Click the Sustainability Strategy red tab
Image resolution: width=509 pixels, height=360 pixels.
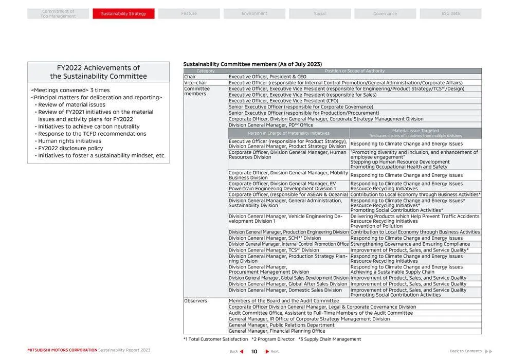pyautogui.click(x=123, y=14)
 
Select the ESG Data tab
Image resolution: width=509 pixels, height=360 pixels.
pyautogui.click(x=450, y=14)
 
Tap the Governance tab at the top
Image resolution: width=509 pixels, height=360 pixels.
pyautogui.click(x=385, y=14)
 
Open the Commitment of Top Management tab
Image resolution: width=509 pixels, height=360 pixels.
pyautogui.click(x=58, y=14)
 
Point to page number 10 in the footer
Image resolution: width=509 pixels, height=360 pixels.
pyautogui.click(x=254, y=351)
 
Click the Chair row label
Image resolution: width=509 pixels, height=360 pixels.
pyautogui.click(x=190, y=77)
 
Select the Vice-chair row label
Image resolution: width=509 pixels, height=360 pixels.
pyautogui.click(x=195, y=83)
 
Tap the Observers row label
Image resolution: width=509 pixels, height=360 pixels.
pyautogui.click(x=195, y=301)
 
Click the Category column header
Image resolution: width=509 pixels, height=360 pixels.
pyautogui.click(x=206, y=71)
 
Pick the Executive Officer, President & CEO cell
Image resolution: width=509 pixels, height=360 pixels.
pyautogui.click(x=267, y=77)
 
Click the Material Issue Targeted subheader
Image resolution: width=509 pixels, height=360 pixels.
pyautogui.click(x=415, y=131)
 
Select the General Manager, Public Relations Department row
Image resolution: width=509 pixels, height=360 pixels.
pyautogui.click(x=281, y=325)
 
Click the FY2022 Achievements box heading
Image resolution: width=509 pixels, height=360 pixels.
pyautogui.click(x=98, y=72)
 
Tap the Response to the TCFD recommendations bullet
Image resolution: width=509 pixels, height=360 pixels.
pyautogui.click(x=92, y=134)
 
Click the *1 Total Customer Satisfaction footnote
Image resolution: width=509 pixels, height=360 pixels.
pyautogui.click(x=216, y=339)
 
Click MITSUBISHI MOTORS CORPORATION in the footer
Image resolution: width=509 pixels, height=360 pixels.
pyautogui.click(x=62, y=350)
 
